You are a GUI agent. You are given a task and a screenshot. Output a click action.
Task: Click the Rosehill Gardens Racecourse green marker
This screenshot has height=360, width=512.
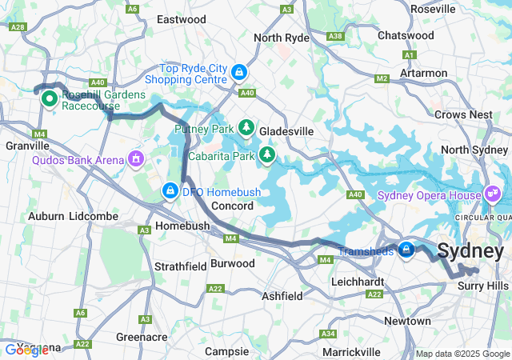click(x=48, y=98)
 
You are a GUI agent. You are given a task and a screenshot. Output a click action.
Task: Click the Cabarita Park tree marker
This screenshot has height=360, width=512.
click(x=266, y=154)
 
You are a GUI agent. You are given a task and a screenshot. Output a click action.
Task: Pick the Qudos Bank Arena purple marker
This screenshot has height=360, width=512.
click(x=137, y=159)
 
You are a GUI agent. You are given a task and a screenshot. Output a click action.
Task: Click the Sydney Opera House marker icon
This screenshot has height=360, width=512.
click(x=491, y=194)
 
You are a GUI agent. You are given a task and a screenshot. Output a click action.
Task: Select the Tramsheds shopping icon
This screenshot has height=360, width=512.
click(x=406, y=250)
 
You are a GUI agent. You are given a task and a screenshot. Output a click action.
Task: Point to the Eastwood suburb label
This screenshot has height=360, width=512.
click(x=182, y=18)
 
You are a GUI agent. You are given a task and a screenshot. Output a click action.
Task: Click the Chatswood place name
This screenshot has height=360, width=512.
click(x=406, y=35)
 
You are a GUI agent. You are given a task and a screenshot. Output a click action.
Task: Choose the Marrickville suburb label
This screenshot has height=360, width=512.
click(x=351, y=352)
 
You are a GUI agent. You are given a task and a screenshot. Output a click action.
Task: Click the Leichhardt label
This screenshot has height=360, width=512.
click(x=359, y=282)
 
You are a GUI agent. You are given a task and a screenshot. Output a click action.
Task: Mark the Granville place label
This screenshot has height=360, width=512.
click(x=27, y=146)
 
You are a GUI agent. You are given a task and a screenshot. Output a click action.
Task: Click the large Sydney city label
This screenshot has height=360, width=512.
click(x=471, y=251)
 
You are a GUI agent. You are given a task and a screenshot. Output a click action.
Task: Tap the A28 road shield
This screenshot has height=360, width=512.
click(x=18, y=26)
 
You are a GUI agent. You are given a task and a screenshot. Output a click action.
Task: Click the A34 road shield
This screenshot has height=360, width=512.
click(x=327, y=333)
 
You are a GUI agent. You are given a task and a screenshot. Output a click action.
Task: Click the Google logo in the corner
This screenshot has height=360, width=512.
click(x=26, y=350)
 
